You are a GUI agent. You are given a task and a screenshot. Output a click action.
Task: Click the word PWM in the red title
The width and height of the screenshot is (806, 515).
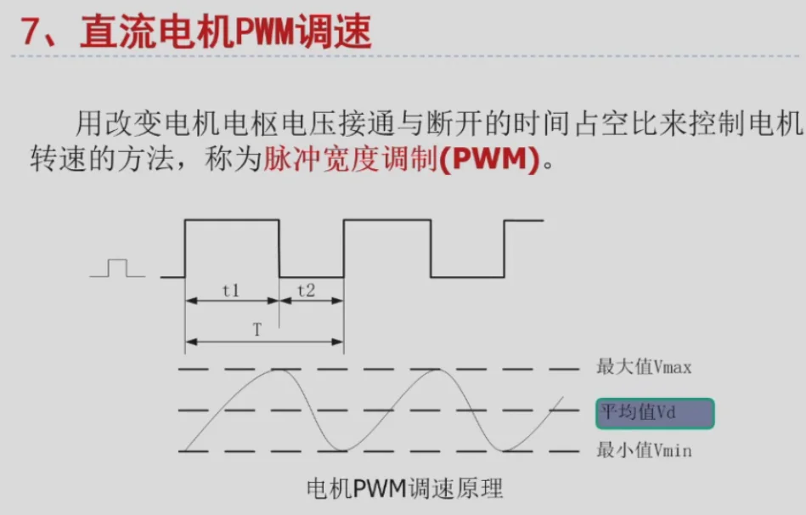coord(267,31)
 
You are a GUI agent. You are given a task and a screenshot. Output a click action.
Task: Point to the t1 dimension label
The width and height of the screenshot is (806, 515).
coord(231,290)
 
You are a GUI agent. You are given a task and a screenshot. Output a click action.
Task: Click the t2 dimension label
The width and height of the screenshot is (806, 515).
coord(307,290)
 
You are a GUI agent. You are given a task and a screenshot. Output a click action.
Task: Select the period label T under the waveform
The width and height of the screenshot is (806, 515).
coord(257,331)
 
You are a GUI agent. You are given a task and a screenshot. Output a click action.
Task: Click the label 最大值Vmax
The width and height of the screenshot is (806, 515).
coord(644,367)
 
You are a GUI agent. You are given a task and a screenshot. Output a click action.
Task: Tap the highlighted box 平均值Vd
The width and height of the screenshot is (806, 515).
coord(654,413)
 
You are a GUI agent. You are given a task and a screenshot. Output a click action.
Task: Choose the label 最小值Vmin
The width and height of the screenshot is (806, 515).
coord(644,450)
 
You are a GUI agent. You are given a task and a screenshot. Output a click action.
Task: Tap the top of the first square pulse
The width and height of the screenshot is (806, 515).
coord(231,220)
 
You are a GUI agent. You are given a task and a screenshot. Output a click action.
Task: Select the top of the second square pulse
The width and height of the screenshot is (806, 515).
coord(386,220)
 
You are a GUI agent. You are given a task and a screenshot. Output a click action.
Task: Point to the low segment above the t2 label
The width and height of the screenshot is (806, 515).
coord(311,277)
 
